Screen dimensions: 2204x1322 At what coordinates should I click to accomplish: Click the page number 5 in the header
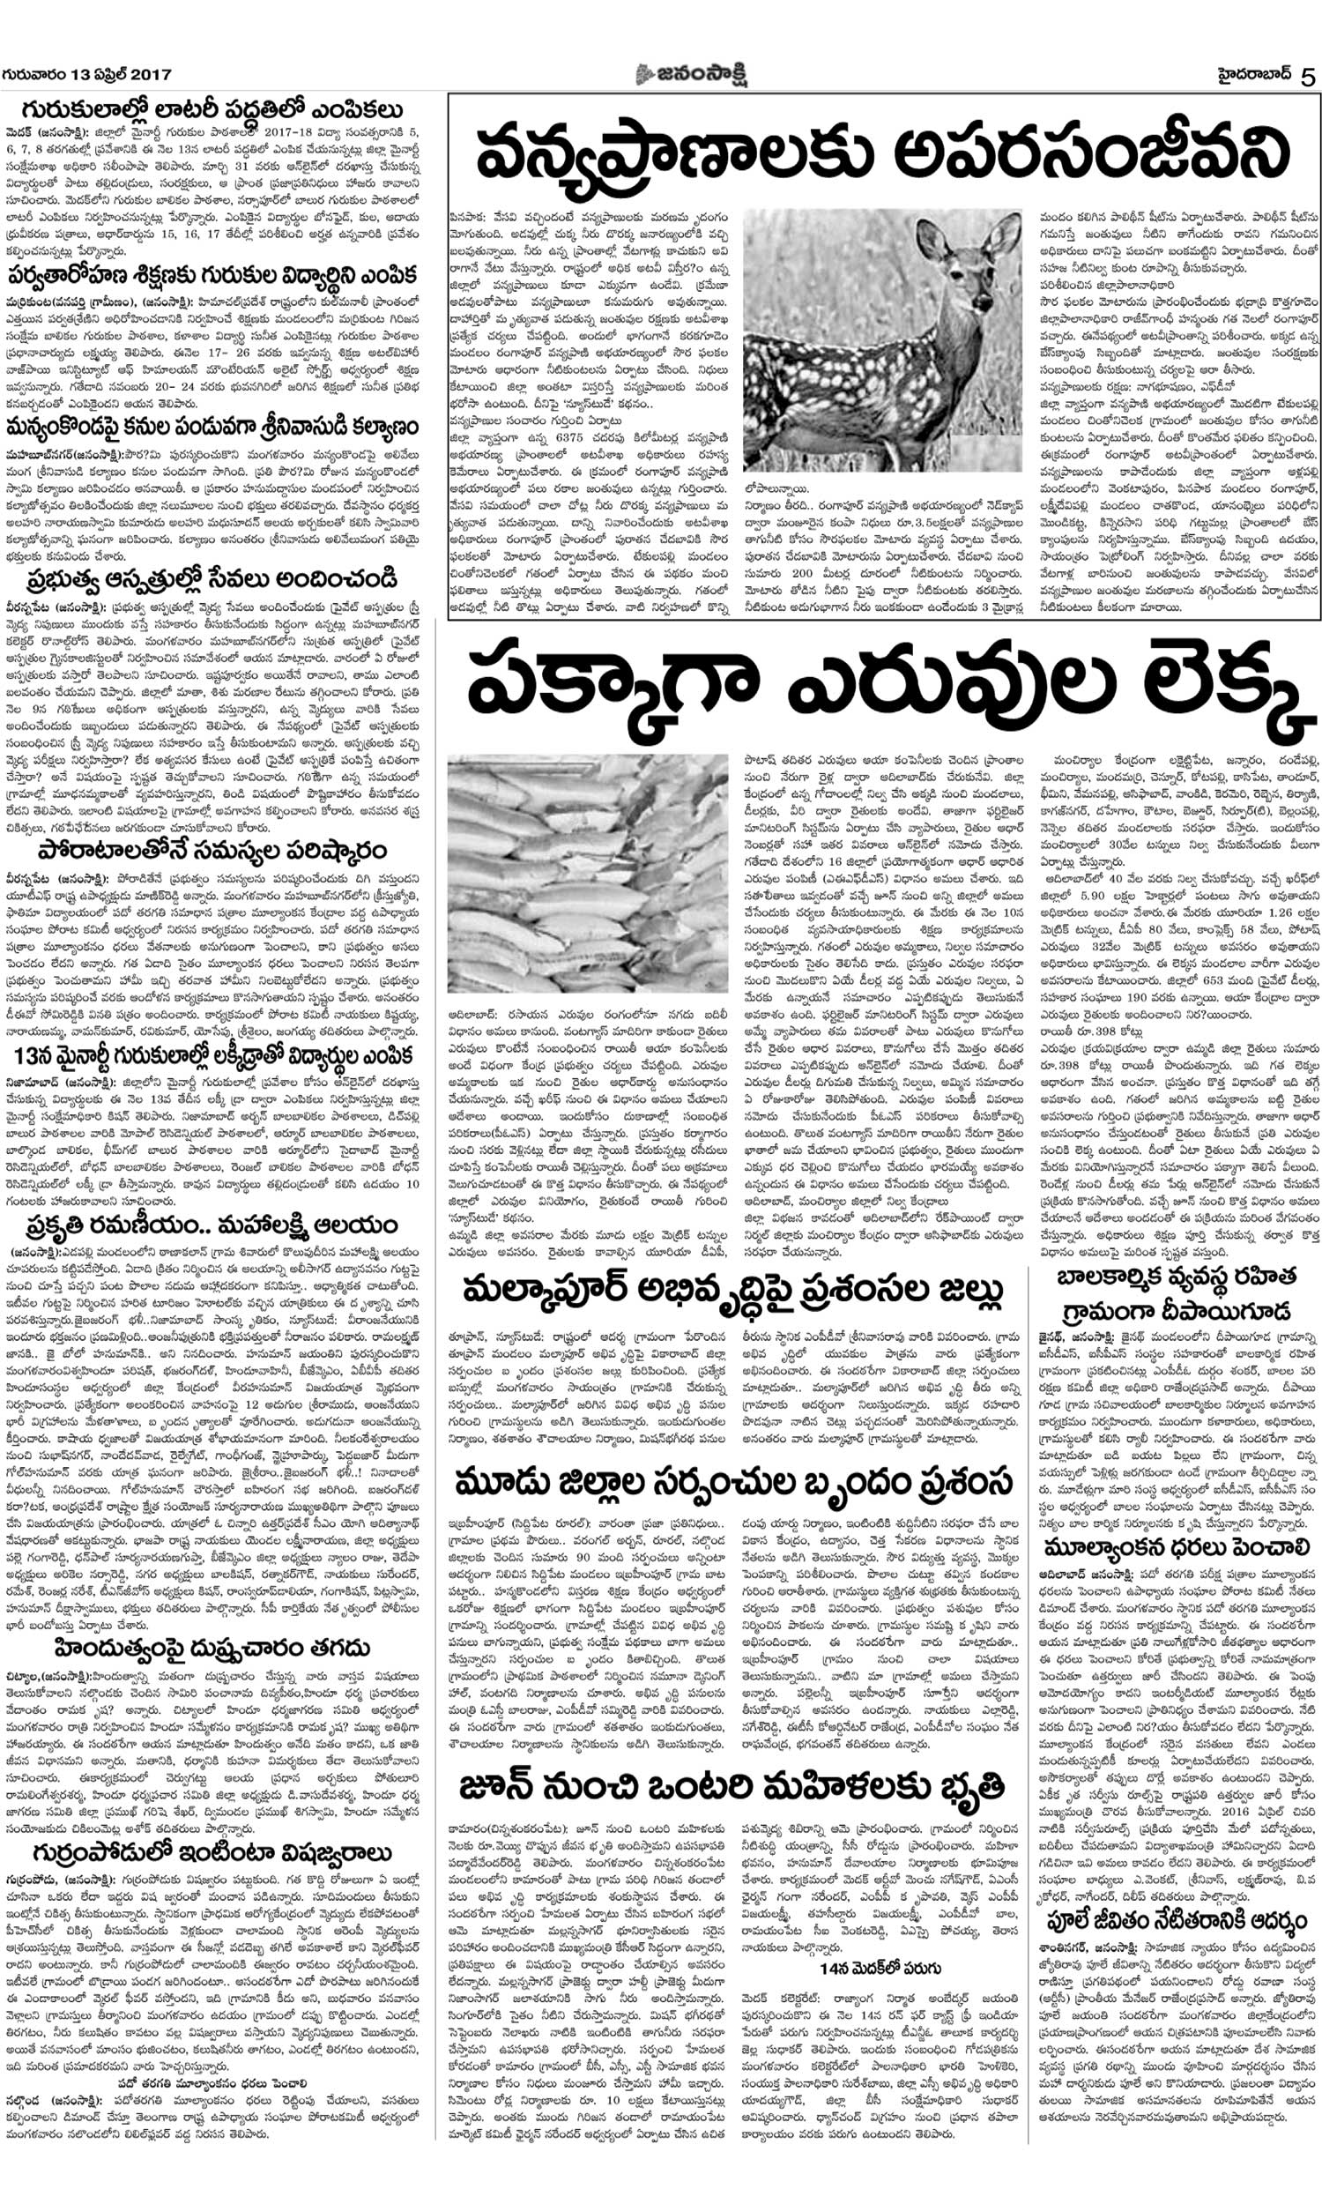click(x=1306, y=76)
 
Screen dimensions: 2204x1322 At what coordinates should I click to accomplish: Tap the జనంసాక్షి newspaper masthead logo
click(x=691, y=75)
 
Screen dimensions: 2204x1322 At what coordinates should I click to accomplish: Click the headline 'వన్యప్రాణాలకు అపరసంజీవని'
click(x=883, y=153)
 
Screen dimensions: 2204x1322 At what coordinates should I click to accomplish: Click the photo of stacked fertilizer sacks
click(x=587, y=872)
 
